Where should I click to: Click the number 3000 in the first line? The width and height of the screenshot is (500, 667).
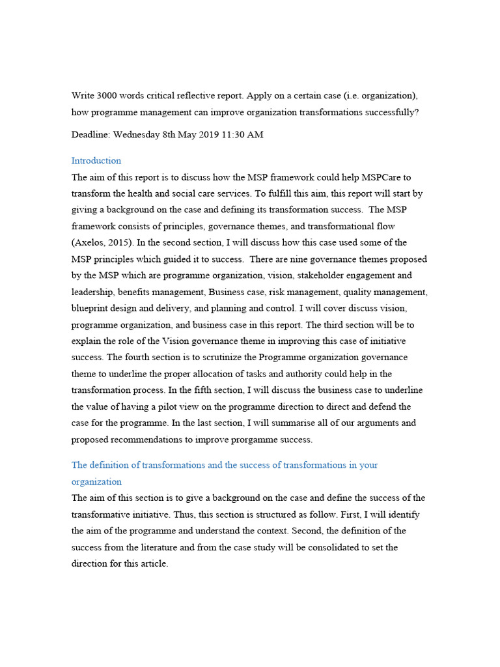point(107,95)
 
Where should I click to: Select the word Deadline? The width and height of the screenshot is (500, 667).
point(90,135)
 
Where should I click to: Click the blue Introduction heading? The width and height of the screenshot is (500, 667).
point(96,160)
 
